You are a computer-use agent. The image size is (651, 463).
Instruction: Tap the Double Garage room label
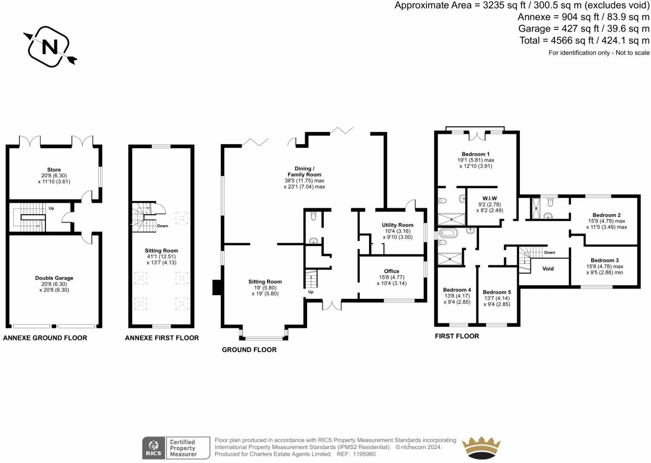point(54,278)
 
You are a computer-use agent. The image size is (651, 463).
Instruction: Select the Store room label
point(54,170)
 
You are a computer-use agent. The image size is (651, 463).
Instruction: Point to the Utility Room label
point(397,225)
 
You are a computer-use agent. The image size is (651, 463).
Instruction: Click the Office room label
point(391,271)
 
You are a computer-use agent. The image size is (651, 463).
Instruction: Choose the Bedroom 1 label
point(475,154)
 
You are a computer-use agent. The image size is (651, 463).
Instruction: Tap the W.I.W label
point(490,198)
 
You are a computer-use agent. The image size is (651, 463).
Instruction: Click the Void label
point(547,269)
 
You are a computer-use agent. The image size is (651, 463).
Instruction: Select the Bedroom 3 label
point(605,260)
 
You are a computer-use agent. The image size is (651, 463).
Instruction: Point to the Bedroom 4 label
point(457,290)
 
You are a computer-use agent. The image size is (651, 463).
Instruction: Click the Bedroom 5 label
point(496,292)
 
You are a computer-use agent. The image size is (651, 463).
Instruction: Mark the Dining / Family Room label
point(304,171)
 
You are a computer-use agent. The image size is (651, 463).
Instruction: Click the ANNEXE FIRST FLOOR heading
point(161,338)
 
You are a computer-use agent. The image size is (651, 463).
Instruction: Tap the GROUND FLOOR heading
point(249,350)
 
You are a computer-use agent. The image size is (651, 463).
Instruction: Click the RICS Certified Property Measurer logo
point(176,448)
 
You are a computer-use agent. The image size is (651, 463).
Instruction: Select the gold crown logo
point(481,448)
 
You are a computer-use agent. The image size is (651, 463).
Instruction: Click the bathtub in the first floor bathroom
point(448,233)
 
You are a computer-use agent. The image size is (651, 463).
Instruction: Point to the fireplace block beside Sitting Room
point(216,287)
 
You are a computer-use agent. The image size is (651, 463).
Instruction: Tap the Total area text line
point(584,40)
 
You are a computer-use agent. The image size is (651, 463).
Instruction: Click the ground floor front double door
point(331,305)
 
